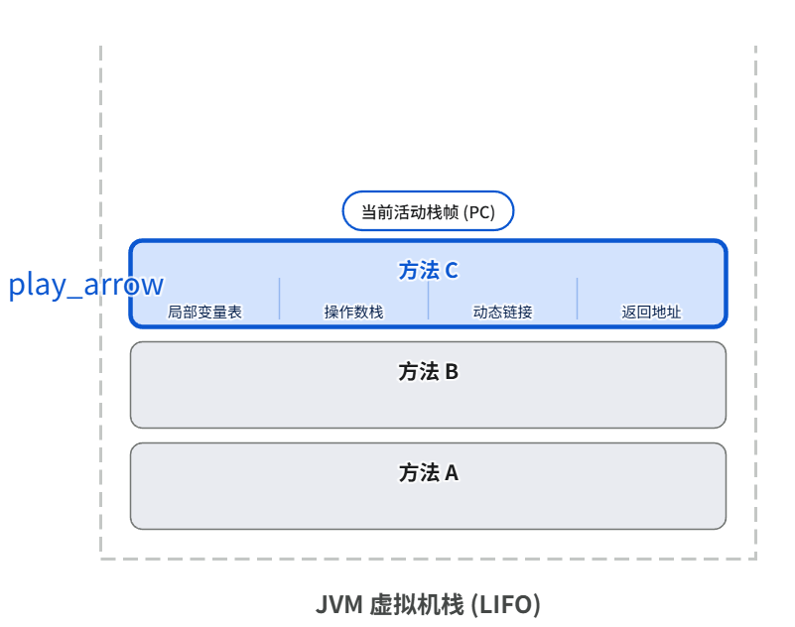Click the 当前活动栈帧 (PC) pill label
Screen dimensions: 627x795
coord(428,211)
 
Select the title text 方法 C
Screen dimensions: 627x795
coord(428,270)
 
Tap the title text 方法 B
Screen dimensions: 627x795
coord(428,372)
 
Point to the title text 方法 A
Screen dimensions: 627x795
coord(428,472)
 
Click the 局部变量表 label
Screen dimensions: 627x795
coord(204,312)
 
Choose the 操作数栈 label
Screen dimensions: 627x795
coord(353,312)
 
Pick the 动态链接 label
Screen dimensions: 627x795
coord(502,312)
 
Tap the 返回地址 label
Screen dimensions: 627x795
coord(651,312)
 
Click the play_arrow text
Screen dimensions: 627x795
coord(86,285)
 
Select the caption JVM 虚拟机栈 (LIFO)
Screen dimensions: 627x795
coord(428,604)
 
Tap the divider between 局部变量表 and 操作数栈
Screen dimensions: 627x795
coord(279,299)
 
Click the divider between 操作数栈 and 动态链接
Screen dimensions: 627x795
coord(428,299)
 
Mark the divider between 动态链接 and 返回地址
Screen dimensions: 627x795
coord(577,299)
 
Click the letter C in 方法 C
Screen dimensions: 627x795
coord(452,270)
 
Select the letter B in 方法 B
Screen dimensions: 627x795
coord(452,372)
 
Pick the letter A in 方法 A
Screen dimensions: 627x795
coord(452,472)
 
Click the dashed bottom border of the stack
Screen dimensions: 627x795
coord(428,559)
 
